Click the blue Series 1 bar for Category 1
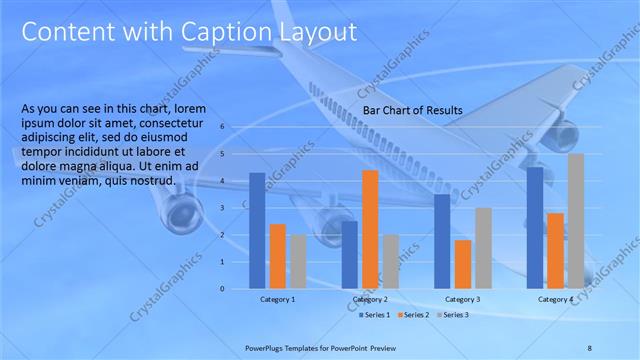[x=257, y=231]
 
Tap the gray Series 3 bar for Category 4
[x=576, y=221]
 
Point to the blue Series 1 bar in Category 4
[x=536, y=228]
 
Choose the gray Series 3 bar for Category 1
[x=298, y=262]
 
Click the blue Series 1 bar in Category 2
[x=349, y=255]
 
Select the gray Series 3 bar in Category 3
[x=483, y=248]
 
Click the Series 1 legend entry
[x=376, y=315]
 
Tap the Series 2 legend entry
[x=414, y=315]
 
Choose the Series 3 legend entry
[x=452, y=315]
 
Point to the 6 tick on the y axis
[x=223, y=127]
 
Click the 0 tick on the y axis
[x=223, y=289]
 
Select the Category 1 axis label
[x=278, y=300]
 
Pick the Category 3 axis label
[x=463, y=300]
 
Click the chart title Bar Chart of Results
[x=404, y=109]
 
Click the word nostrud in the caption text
[x=155, y=181]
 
